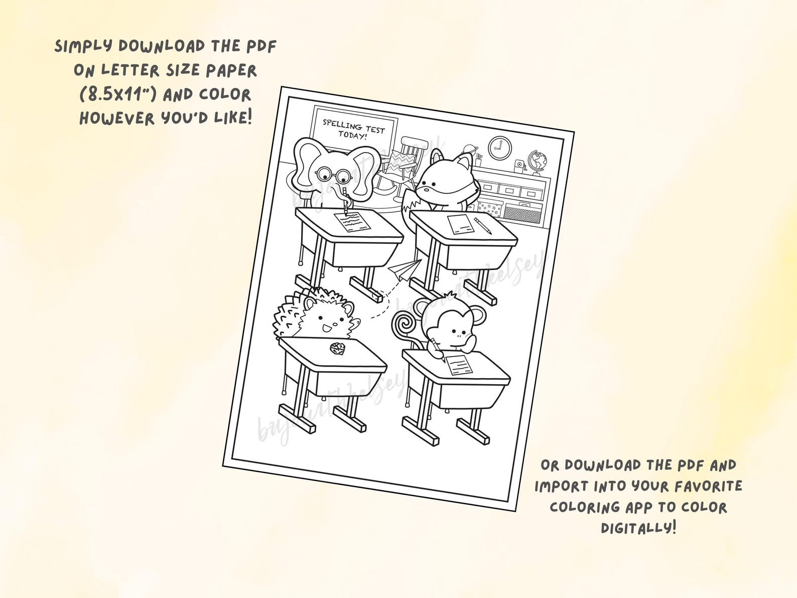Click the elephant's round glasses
[x=333, y=175]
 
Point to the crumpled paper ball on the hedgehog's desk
[x=336, y=348]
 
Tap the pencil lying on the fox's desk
[x=483, y=225]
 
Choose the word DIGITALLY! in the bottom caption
[x=638, y=527]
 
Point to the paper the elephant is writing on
[x=349, y=221]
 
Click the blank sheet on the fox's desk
[x=460, y=224]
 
